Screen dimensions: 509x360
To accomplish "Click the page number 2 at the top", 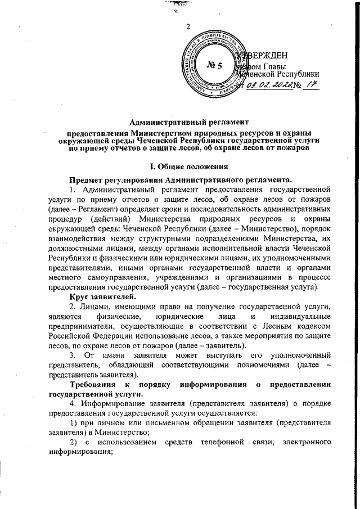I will click(x=188, y=26).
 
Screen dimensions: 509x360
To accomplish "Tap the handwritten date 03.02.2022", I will click(x=271, y=84).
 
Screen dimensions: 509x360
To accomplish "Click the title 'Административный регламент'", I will click(x=187, y=121).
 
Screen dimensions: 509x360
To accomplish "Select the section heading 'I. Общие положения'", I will click(x=187, y=167).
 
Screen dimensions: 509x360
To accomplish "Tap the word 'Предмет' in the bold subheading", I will click(x=86, y=179).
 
